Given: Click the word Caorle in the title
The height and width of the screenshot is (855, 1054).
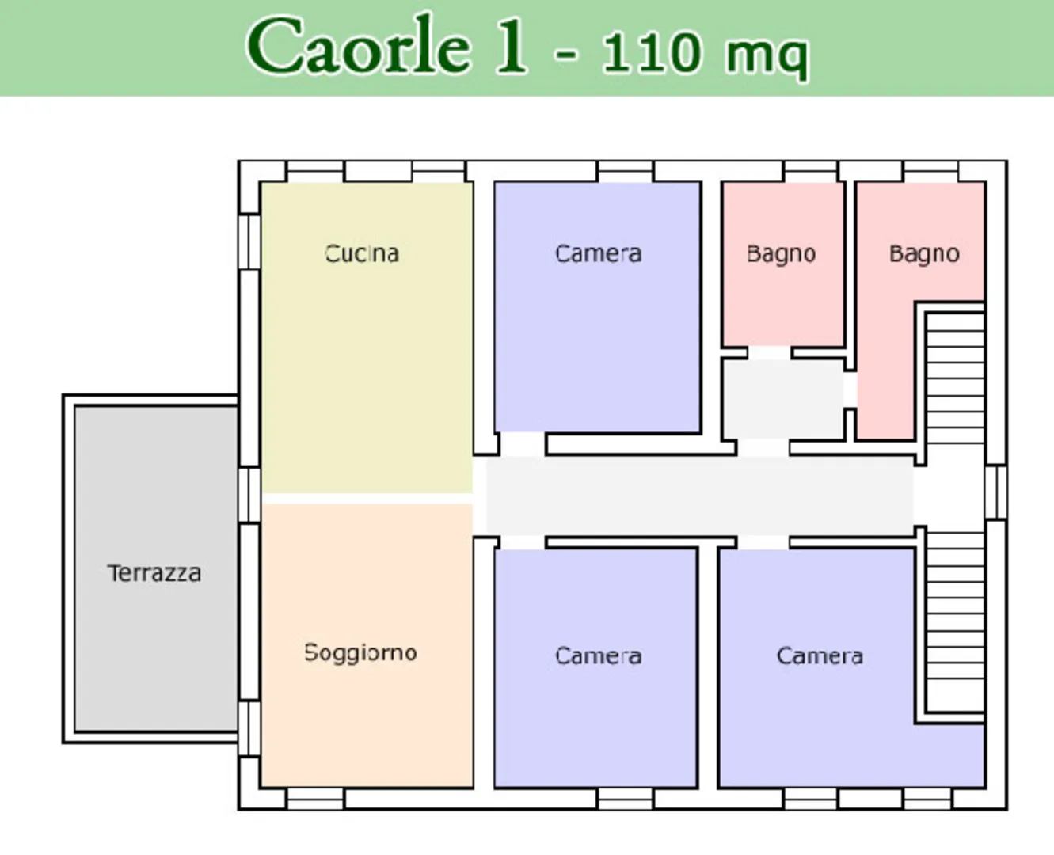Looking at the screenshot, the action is pyautogui.click(x=359, y=45).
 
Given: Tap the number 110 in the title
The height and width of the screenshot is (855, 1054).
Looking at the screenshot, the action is pyautogui.click(x=651, y=51).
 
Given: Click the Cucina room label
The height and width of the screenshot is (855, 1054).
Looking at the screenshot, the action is pyautogui.click(x=362, y=253).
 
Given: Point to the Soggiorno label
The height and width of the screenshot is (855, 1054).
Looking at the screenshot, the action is pyautogui.click(x=361, y=653).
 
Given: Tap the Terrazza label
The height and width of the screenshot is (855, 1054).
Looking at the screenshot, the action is pyautogui.click(x=154, y=573).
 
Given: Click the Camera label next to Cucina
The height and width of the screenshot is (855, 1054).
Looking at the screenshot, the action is pyautogui.click(x=598, y=253).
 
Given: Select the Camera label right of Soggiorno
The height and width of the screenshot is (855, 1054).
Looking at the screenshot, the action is pyautogui.click(x=598, y=656).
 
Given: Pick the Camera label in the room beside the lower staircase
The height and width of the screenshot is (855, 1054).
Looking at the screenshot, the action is pyautogui.click(x=820, y=656).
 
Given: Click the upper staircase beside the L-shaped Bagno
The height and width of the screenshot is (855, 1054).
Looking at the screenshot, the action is pyautogui.click(x=955, y=378).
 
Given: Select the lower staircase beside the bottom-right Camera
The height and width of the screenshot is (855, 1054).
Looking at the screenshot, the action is pyautogui.click(x=955, y=622).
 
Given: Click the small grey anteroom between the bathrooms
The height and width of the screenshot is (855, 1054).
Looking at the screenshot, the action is pyautogui.click(x=784, y=398).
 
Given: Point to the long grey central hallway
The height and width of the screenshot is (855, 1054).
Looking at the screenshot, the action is pyautogui.click(x=700, y=496).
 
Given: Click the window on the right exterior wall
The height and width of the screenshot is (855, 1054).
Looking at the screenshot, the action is pyautogui.click(x=995, y=492).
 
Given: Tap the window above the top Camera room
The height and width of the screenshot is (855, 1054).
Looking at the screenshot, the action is pyautogui.click(x=626, y=171).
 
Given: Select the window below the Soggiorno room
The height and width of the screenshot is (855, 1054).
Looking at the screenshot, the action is pyautogui.click(x=316, y=799).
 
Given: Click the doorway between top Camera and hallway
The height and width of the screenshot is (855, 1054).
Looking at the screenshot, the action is pyautogui.click(x=523, y=444).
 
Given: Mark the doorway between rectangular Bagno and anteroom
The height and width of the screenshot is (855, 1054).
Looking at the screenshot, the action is pyautogui.click(x=770, y=353).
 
